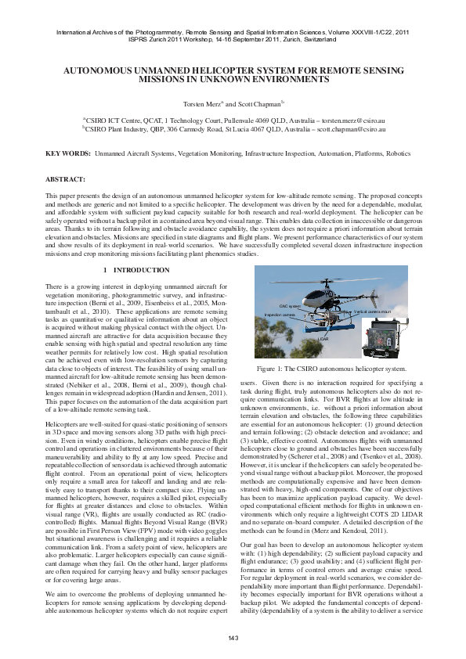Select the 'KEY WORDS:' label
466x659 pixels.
click(x=67, y=155)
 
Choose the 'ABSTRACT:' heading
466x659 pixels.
click(x=66, y=179)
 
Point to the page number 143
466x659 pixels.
click(x=233, y=639)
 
